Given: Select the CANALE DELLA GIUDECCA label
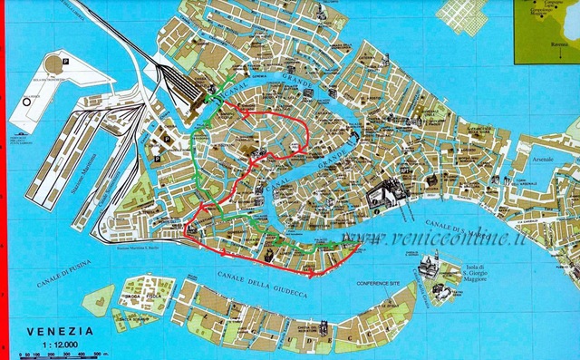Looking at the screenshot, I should tap(263, 282).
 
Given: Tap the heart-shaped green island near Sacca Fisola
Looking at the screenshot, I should tap(101, 295).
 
